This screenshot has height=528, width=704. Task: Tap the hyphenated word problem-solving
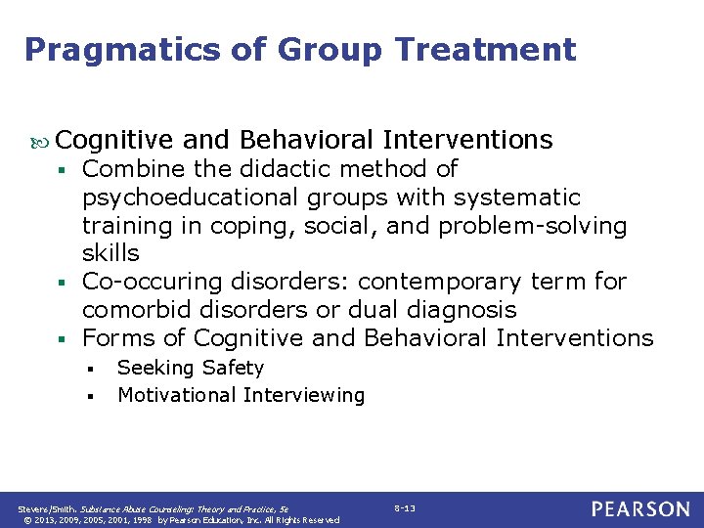tap(533, 226)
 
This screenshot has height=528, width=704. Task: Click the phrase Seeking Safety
tap(191, 368)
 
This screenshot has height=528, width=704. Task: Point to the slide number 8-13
tap(405, 508)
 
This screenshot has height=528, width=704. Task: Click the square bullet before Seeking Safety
tap(89, 370)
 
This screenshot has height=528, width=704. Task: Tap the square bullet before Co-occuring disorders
tap(62, 284)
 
